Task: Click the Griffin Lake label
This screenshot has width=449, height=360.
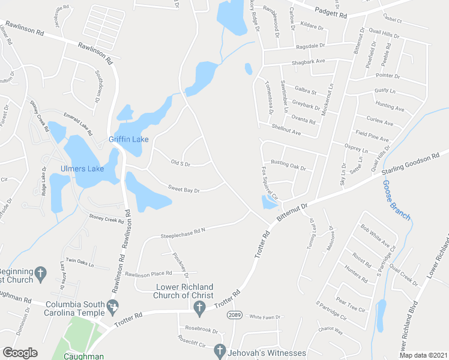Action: (128, 139)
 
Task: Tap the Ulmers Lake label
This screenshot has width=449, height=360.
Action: (82, 169)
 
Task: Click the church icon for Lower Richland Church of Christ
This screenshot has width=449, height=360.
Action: (200, 307)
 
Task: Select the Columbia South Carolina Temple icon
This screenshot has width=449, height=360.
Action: (112, 308)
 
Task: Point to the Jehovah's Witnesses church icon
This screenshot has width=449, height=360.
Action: (219, 349)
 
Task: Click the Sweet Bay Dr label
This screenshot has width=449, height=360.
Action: (183, 190)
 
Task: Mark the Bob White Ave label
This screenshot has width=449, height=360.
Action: (378, 237)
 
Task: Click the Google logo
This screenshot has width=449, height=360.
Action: (20, 353)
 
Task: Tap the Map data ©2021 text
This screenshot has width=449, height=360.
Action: (424, 355)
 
